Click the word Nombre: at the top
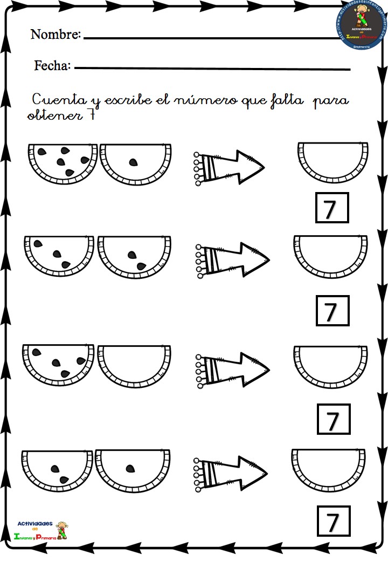pyautogui.click(x=56, y=35)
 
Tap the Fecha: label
pyautogui.click(x=52, y=66)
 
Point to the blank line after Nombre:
pyautogui.click(x=210, y=38)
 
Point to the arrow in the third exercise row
pyautogui.click(x=232, y=369)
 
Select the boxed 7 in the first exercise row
pyautogui.click(x=332, y=208)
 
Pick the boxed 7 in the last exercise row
pyautogui.click(x=332, y=521)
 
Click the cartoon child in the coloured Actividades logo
pyautogui.click(x=63, y=531)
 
